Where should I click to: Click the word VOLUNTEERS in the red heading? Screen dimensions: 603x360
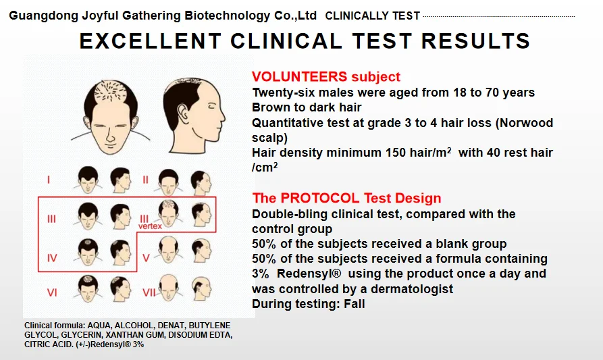coord(299,76)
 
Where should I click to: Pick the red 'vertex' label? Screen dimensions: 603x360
coord(150,226)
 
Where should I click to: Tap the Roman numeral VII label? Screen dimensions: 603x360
coord(149,292)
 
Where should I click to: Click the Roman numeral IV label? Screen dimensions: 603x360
coord(52,258)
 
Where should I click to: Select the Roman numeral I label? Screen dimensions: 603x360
coord(49,180)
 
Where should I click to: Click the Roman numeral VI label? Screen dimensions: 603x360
coord(52,292)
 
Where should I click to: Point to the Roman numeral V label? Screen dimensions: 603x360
coord(146,258)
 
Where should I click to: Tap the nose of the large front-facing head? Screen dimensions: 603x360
coord(110,136)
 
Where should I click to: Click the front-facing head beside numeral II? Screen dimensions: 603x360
coord(168,182)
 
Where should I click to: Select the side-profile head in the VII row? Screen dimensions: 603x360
coord(201,288)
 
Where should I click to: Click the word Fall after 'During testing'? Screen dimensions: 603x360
coord(355,304)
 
